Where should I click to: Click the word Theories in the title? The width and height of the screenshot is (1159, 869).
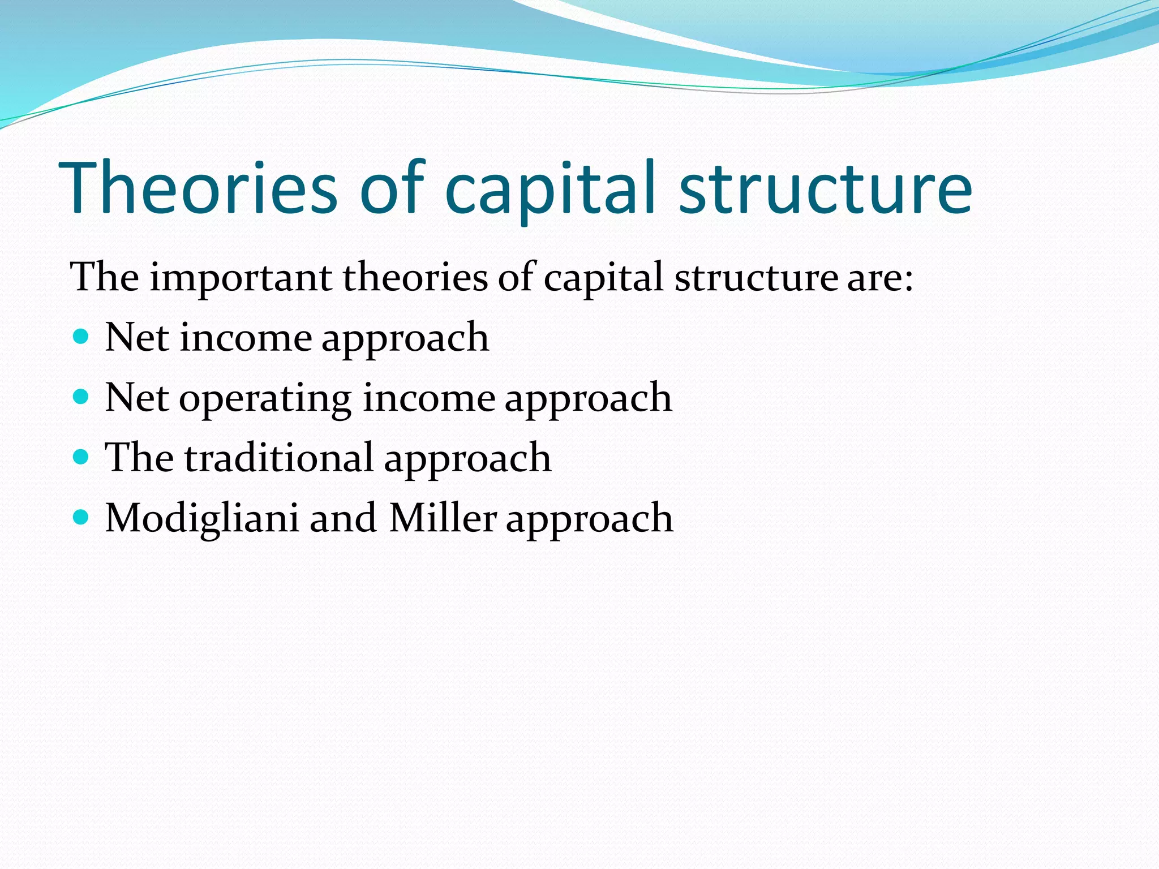(x=198, y=188)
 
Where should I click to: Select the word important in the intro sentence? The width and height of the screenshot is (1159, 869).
(x=241, y=278)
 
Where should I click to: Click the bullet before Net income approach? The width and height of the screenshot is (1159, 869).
(x=81, y=337)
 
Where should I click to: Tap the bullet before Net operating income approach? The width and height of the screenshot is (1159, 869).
(x=81, y=397)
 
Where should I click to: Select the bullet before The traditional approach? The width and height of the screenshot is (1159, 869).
(x=81, y=457)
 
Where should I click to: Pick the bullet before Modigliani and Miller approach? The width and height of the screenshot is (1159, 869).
(x=81, y=517)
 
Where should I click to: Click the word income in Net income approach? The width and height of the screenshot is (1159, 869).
(x=246, y=338)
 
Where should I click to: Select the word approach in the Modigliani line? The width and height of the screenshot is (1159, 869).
(x=589, y=519)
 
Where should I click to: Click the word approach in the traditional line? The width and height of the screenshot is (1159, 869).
(x=467, y=459)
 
